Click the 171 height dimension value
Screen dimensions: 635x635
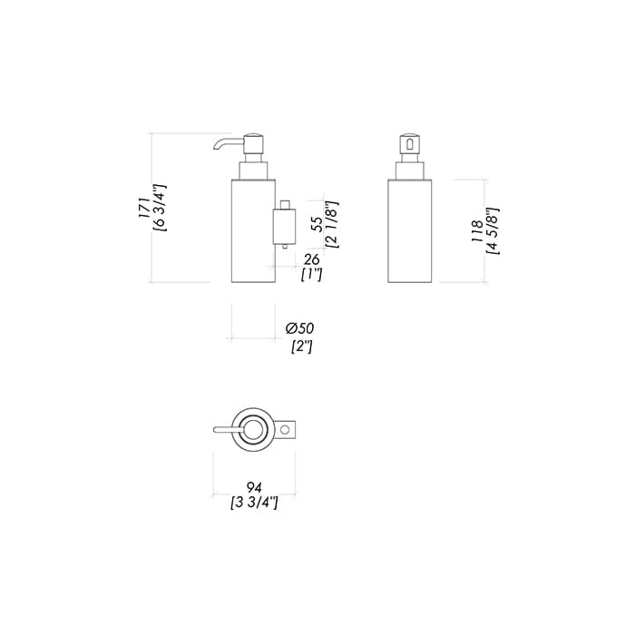point(144,209)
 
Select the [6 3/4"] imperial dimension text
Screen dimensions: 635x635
point(160,208)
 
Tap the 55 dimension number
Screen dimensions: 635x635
point(318,224)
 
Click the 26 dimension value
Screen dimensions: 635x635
point(311,259)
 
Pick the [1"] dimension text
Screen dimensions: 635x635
point(311,275)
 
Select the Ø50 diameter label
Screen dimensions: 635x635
point(299,328)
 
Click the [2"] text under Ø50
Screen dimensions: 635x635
point(302,347)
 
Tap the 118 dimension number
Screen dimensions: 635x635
point(477,231)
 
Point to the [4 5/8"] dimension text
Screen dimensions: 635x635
point(493,231)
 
